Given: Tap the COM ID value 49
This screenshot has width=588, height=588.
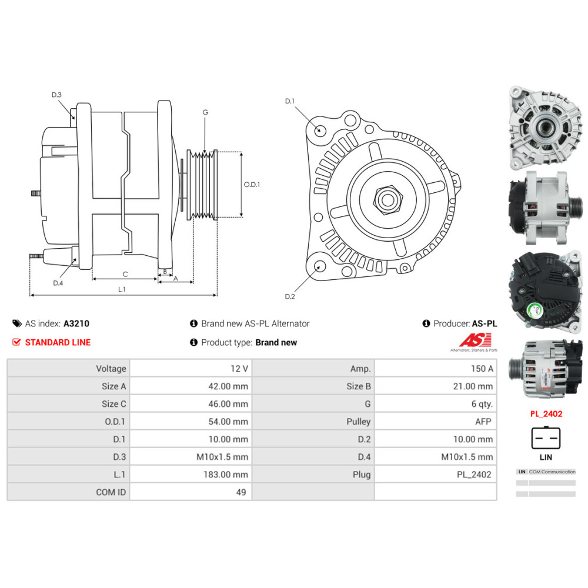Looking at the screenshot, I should pos(240,492).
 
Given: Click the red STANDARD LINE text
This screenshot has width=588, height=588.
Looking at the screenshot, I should pos(58,342).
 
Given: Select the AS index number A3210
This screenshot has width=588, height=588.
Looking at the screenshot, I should pos(76,323).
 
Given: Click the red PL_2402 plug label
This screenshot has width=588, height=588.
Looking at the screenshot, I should pos(546,414).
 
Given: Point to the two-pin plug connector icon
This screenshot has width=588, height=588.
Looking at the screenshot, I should pos(546,437).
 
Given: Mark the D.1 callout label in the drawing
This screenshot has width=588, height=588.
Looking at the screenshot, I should pos(289,101).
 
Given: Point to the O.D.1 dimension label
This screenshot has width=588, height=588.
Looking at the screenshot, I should pos(252,184).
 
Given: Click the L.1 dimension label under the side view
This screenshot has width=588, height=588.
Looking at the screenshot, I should pos(122,289).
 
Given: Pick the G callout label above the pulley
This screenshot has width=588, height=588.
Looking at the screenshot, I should pos(205,112).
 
